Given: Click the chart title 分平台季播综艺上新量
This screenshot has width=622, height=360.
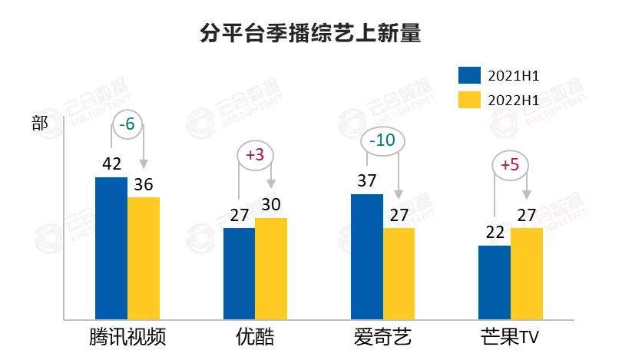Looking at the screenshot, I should point(310,35).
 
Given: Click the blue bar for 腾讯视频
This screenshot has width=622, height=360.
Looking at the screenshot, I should point(111,247).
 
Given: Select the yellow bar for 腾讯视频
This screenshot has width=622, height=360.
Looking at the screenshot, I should point(144,257).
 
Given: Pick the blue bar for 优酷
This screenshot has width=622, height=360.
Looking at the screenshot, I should point(239,272).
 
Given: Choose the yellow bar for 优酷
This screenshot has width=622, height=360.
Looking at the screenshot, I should point(271,268).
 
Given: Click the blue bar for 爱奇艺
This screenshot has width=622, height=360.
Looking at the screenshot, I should point(366,256).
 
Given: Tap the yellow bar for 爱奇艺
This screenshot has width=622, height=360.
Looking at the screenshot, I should point(399,272).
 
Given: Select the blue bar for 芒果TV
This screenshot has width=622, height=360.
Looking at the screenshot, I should point(494,282).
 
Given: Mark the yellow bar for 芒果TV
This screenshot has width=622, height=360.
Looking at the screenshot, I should point(526,272).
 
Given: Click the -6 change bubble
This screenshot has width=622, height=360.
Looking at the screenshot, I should point(127,124).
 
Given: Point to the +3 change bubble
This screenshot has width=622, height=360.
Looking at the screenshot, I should point(255,155).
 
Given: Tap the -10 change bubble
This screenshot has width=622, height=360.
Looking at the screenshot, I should point(382,141).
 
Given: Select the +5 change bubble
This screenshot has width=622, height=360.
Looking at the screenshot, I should point(510,164).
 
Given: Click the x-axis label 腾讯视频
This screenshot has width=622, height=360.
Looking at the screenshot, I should point(127,338).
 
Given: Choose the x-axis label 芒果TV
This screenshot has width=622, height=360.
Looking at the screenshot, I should point(510,338).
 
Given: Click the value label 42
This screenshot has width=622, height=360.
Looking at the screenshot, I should point(112,164).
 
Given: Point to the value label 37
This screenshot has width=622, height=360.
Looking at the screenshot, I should point(367,181).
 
